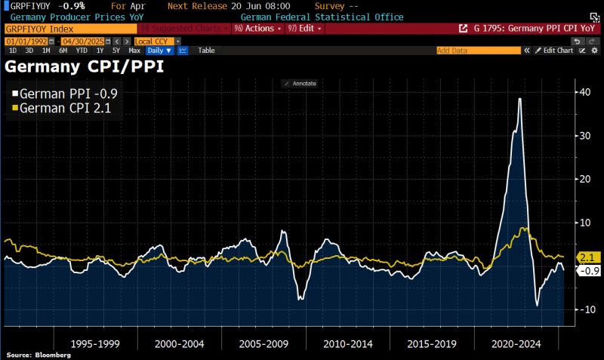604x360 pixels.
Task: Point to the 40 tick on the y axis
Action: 584,92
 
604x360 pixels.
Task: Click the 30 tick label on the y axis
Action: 584,136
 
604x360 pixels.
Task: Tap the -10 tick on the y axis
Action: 585,310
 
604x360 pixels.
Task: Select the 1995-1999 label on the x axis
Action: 94,343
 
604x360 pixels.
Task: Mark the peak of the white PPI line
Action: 519,99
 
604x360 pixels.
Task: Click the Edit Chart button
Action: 555,51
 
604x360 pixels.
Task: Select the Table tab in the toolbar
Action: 206,51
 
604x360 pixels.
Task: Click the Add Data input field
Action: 478,51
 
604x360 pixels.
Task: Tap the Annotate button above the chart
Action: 300,83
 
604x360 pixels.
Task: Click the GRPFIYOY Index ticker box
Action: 68,28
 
